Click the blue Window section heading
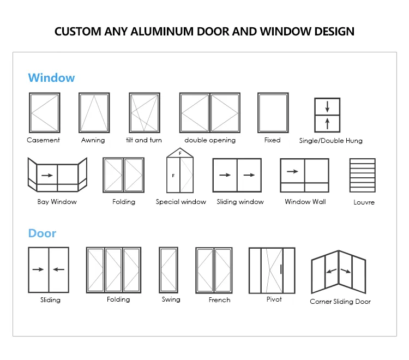click(51, 77)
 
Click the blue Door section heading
click(42, 233)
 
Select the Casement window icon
click(44, 112)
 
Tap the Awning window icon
click(94, 112)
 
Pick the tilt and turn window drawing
click(145, 112)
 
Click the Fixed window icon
click(273, 112)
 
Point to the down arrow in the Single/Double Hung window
click(327, 106)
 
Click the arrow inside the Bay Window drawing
click(46, 175)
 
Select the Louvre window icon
click(363, 175)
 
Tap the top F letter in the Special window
click(179, 153)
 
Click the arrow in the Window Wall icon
click(292, 171)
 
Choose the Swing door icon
click(169, 270)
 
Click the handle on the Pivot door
click(281, 269)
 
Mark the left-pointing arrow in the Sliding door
click(59, 269)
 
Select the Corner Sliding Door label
click(340, 302)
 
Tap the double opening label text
click(210, 140)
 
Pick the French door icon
click(214, 271)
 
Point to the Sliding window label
click(240, 202)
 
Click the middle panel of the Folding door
click(113, 269)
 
